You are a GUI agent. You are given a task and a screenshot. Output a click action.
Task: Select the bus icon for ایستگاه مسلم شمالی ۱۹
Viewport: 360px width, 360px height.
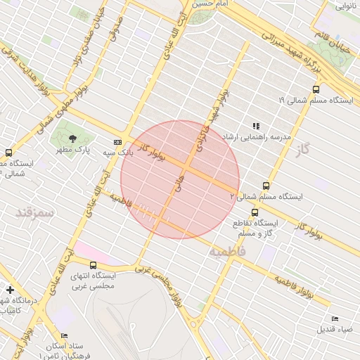316,89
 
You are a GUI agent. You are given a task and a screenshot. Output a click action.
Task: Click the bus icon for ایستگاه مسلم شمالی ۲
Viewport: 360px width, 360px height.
266,186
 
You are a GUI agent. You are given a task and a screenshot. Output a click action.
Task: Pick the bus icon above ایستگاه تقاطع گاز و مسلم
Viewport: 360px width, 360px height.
255,212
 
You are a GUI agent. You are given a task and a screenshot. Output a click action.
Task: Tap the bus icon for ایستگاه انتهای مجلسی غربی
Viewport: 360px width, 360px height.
95,265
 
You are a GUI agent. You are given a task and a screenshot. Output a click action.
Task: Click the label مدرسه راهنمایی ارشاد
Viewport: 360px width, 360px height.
257,136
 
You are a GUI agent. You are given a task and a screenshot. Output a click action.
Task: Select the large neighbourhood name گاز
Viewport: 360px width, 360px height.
303,149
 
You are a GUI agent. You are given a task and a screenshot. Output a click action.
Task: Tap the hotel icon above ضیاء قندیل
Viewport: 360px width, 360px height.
334,319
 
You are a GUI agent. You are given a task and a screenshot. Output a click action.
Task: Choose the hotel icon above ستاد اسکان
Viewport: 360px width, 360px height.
64,336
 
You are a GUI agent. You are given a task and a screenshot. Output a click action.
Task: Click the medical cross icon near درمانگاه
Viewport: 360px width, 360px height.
10,289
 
